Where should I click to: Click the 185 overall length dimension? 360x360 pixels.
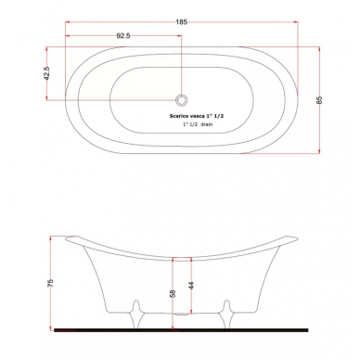click(x=182, y=22)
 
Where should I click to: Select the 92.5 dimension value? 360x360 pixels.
click(x=123, y=36)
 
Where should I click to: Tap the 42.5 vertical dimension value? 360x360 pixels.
click(x=46, y=73)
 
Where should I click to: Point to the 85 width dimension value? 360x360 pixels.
click(x=319, y=100)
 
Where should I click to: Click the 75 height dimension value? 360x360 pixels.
click(x=50, y=283)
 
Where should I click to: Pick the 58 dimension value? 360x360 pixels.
click(x=174, y=293)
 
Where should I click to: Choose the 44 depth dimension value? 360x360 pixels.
click(x=191, y=286)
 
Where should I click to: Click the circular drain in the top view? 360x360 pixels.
click(x=182, y=100)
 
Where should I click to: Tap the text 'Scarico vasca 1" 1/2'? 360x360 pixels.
click(x=197, y=116)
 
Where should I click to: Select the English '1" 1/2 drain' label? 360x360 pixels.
click(x=198, y=124)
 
